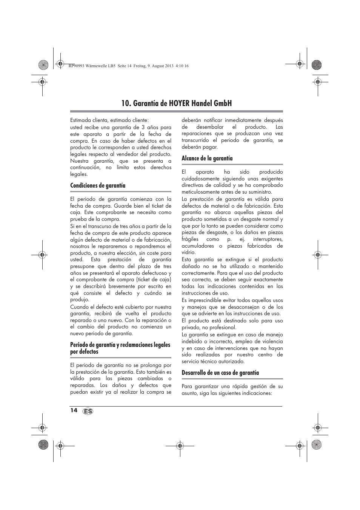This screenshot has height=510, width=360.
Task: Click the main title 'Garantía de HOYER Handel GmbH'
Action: click(177, 103)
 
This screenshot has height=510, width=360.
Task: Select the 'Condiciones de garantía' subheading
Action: click(98, 185)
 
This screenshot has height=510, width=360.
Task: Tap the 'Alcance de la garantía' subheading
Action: click(207, 158)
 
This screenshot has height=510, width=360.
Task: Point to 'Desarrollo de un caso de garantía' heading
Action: click(220, 373)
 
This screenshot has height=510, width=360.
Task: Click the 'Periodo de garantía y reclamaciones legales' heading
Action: click(120, 345)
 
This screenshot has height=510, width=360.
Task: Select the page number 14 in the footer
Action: click(73, 410)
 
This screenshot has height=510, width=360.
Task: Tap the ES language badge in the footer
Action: click(88, 411)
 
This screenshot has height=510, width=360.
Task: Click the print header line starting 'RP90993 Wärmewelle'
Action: click(129, 66)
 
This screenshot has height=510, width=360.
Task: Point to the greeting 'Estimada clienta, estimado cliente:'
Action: click(109, 120)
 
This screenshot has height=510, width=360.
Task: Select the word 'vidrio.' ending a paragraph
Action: click(189, 253)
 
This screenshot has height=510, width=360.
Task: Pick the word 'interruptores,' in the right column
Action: click(268, 239)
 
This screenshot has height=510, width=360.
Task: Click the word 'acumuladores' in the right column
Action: click(198, 246)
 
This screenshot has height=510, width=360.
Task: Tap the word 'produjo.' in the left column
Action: click(80, 300)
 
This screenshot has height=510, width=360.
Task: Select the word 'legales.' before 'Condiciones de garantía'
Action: click(79, 174)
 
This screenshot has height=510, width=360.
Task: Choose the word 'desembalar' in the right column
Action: click(210, 127)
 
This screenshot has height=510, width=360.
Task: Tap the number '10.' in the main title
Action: click(126, 103)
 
